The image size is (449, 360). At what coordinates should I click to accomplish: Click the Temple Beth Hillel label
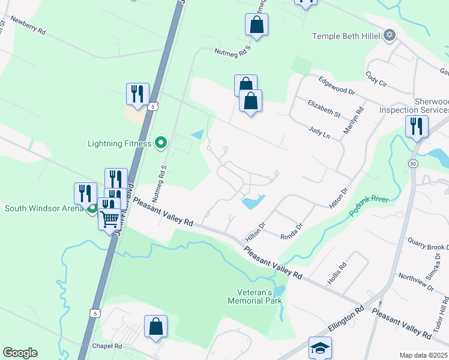346,37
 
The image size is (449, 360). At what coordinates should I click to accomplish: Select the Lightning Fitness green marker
160,143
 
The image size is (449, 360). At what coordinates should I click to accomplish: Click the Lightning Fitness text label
119,143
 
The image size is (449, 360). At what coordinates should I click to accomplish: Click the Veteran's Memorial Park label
255,296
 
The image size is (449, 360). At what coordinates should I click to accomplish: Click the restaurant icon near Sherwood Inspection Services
417,127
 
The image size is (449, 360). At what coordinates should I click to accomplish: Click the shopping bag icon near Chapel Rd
155,327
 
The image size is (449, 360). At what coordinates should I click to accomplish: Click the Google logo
20,353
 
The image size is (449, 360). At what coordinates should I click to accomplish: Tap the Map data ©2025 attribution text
423,355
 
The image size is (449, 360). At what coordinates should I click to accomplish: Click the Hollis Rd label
337,273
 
